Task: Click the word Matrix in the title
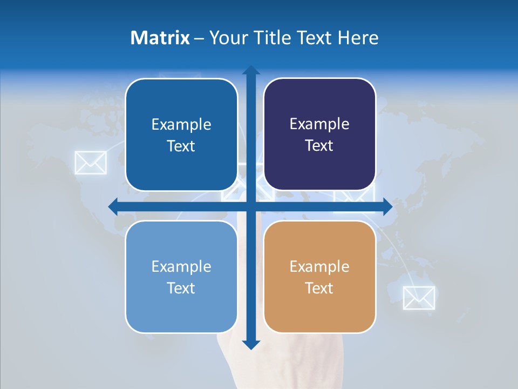(160, 38)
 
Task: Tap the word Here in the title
(358, 38)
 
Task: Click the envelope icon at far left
(90, 162)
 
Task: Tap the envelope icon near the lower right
(419, 298)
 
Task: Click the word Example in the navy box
(319, 124)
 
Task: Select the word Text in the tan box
(319, 288)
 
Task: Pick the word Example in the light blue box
(181, 266)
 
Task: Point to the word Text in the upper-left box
(181, 146)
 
